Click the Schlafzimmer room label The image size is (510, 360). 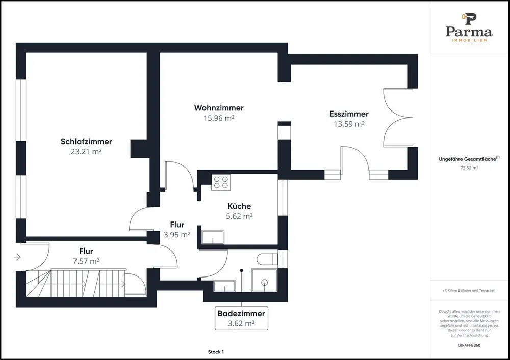[x=86, y=141]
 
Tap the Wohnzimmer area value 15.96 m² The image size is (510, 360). [x=219, y=118]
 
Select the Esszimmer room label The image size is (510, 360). [x=349, y=114]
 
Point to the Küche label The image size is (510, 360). [x=239, y=206]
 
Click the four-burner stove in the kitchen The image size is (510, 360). [x=221, y=182]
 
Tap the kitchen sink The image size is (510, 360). [x=213, y=237]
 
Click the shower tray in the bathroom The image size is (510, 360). [x=264, y=280]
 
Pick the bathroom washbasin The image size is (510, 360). [x=224, y=286]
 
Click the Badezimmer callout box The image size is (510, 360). [x=241, y=318]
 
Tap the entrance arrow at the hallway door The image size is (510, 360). [x=17, y=257]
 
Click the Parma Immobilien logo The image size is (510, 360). [x=469, y=27]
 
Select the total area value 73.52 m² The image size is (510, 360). [x=469, y=168]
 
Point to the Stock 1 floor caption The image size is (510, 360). [x=216, y=352]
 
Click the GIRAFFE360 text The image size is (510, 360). [x=469, y=345]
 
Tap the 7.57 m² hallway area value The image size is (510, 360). [x=86, y=261]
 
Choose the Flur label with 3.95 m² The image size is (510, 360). [x=177, y=225]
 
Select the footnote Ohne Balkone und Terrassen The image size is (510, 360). [x=469, y=291]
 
